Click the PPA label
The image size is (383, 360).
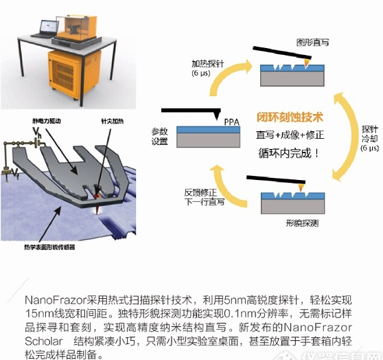click(x=231, y=122)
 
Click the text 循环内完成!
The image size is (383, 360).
click(x=289, y=153)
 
